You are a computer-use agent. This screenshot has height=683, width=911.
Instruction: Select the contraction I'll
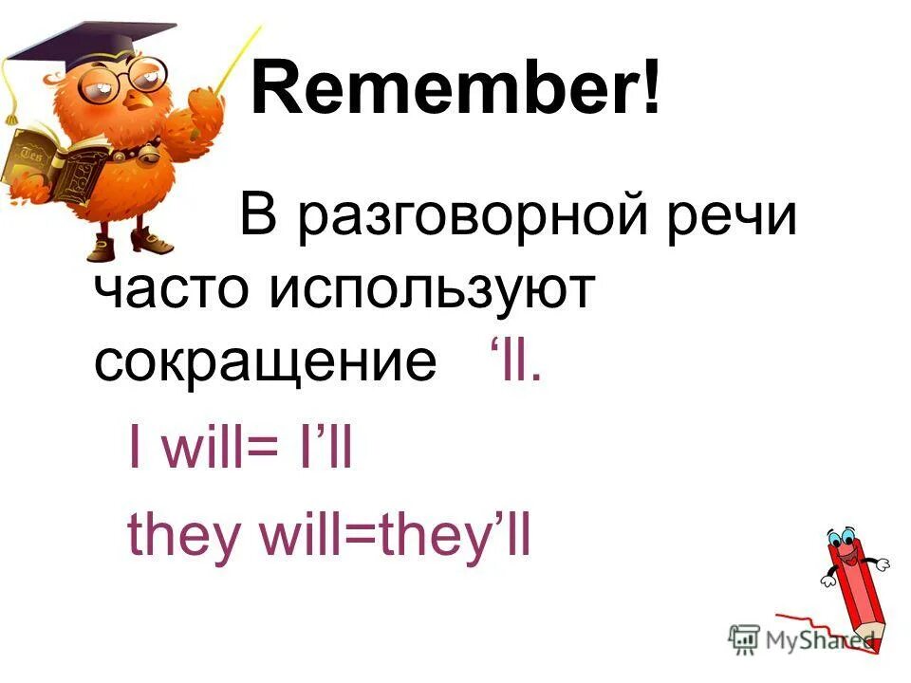click(323, 452)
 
